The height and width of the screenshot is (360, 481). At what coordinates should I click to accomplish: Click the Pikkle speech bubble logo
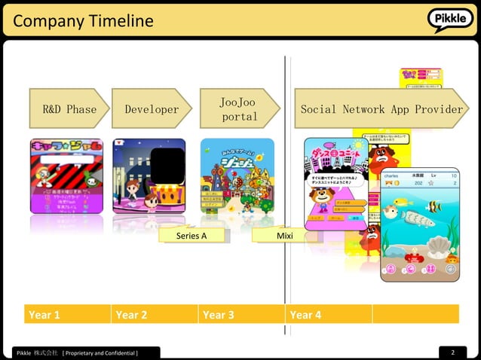point(451,19)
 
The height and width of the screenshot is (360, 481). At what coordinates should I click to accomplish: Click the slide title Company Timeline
point(83,21)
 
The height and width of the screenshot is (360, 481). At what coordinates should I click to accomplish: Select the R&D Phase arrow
point(69,109)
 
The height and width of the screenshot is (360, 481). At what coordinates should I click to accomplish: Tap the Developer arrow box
point(152,109)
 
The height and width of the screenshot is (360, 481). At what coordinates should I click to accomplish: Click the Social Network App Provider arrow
point(381,109)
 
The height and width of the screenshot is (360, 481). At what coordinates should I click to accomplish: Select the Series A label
point(191,236)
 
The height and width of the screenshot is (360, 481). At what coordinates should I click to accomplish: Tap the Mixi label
point(284,236)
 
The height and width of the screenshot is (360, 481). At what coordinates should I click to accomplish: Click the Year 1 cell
point(66,314)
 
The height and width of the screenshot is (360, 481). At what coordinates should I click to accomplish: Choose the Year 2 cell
point(154,314)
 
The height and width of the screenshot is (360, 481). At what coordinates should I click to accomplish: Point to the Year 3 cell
point(241,314)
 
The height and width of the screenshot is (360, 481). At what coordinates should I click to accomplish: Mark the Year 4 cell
point(329,314)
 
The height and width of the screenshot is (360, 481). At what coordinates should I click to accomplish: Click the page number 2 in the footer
point(453,352)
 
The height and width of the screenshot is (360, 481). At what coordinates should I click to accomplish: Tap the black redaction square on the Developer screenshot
point(167,166)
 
